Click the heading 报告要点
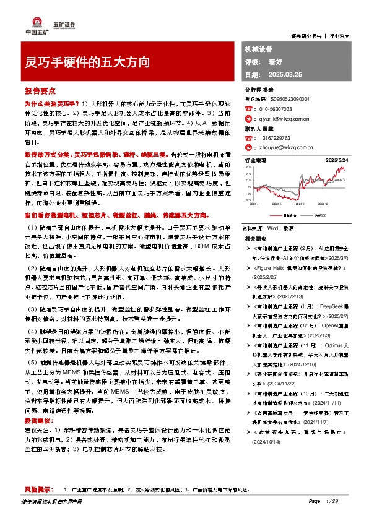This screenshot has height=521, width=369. [38, 90]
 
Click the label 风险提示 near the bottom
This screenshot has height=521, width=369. [39, 489]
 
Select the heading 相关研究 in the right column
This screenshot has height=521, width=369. [254, 238]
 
